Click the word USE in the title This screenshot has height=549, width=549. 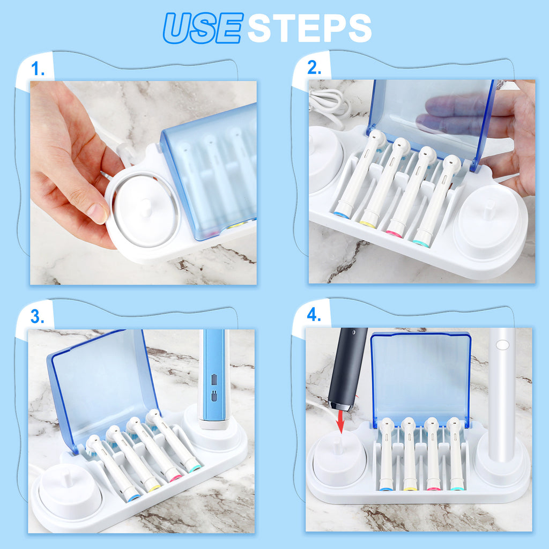[203, 28]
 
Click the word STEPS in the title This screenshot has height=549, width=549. [309, 28]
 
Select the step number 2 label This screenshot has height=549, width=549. [314, 68]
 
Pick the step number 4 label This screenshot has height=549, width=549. [314, 315]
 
